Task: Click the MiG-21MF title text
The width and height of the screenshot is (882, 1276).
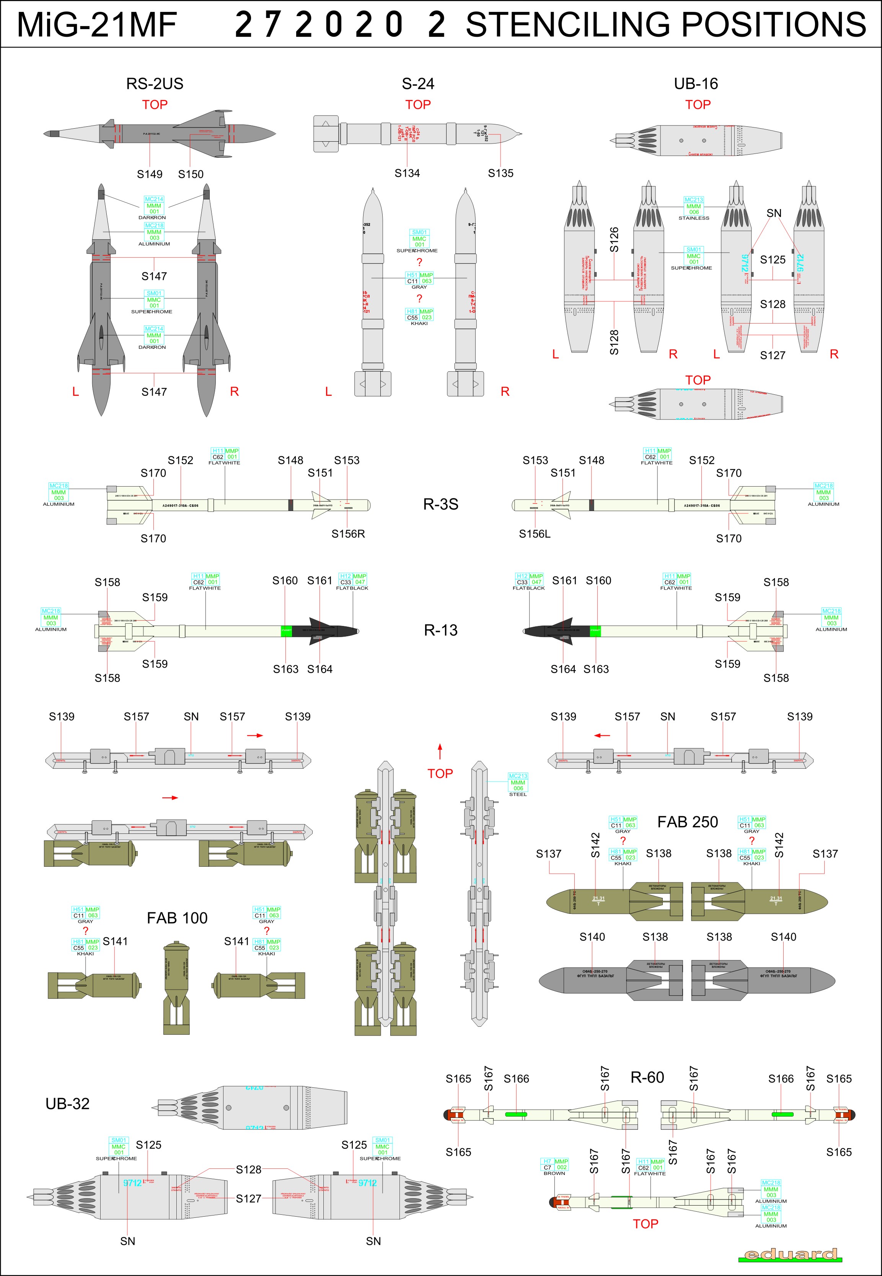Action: [97, 25]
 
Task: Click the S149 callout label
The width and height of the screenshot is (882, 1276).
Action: [150, 174]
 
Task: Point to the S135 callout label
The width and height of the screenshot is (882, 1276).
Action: [500, 173]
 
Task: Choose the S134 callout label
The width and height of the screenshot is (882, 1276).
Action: [407, 173]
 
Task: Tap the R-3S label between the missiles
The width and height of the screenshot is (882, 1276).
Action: [440, 504]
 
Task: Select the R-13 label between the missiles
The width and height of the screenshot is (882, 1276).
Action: [440, 630]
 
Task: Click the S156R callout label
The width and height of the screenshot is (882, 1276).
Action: [348, 534]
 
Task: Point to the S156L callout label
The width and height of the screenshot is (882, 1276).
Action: [535, 534]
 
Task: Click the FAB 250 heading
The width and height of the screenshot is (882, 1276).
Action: [688, 822]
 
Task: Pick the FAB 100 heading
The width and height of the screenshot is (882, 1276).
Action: [177, 918]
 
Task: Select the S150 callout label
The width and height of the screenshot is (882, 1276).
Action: [191, 174]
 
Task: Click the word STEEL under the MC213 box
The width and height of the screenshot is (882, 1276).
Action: [518, 794]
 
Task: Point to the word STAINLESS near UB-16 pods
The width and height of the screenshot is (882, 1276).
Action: [694, 218]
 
